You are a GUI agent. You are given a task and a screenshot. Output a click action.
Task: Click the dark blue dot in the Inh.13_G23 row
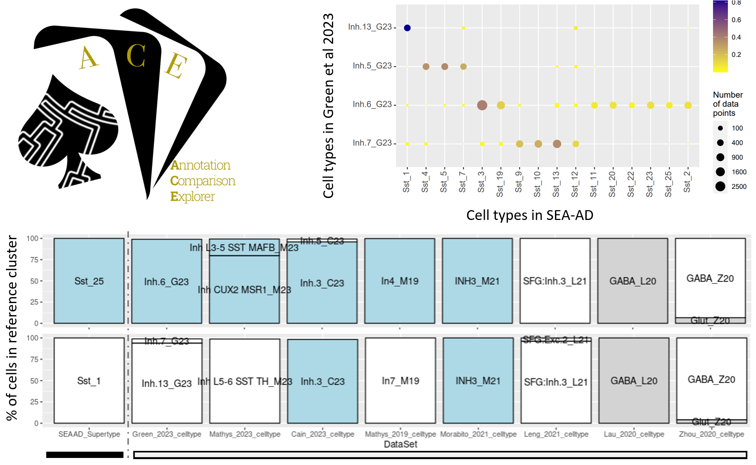coord(407,28)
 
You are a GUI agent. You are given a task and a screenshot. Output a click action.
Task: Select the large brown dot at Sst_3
coord(482,105)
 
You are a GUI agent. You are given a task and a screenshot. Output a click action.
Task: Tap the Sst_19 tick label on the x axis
coord(500,183)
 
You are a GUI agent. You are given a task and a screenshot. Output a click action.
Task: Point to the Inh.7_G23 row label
coord(372,143)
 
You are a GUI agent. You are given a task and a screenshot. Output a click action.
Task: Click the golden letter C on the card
coord(136,56)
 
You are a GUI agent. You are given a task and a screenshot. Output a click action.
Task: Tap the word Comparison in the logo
coord(203,181)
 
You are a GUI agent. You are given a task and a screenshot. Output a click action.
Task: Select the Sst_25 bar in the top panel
coord(89,281)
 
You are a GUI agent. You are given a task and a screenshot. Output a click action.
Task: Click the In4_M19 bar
coord(399,281)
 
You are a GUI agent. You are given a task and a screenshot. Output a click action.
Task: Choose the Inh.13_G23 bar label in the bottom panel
coord(167,383)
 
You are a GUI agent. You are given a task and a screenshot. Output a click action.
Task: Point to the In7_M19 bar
coord(400,381)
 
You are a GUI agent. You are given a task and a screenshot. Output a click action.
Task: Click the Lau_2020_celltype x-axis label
coord(634,434)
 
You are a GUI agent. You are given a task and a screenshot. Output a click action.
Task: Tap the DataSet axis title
coord(400,444)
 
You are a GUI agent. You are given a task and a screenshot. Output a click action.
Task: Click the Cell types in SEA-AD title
coord(529,215)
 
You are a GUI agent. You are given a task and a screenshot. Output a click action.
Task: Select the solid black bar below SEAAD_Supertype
coord(85,455)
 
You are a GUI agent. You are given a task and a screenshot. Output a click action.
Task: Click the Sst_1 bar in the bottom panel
coord(89,381)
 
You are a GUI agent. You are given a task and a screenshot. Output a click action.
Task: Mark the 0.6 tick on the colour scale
coord(736,20)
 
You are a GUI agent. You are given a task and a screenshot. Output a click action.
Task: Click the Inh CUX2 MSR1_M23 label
coord(244,290)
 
